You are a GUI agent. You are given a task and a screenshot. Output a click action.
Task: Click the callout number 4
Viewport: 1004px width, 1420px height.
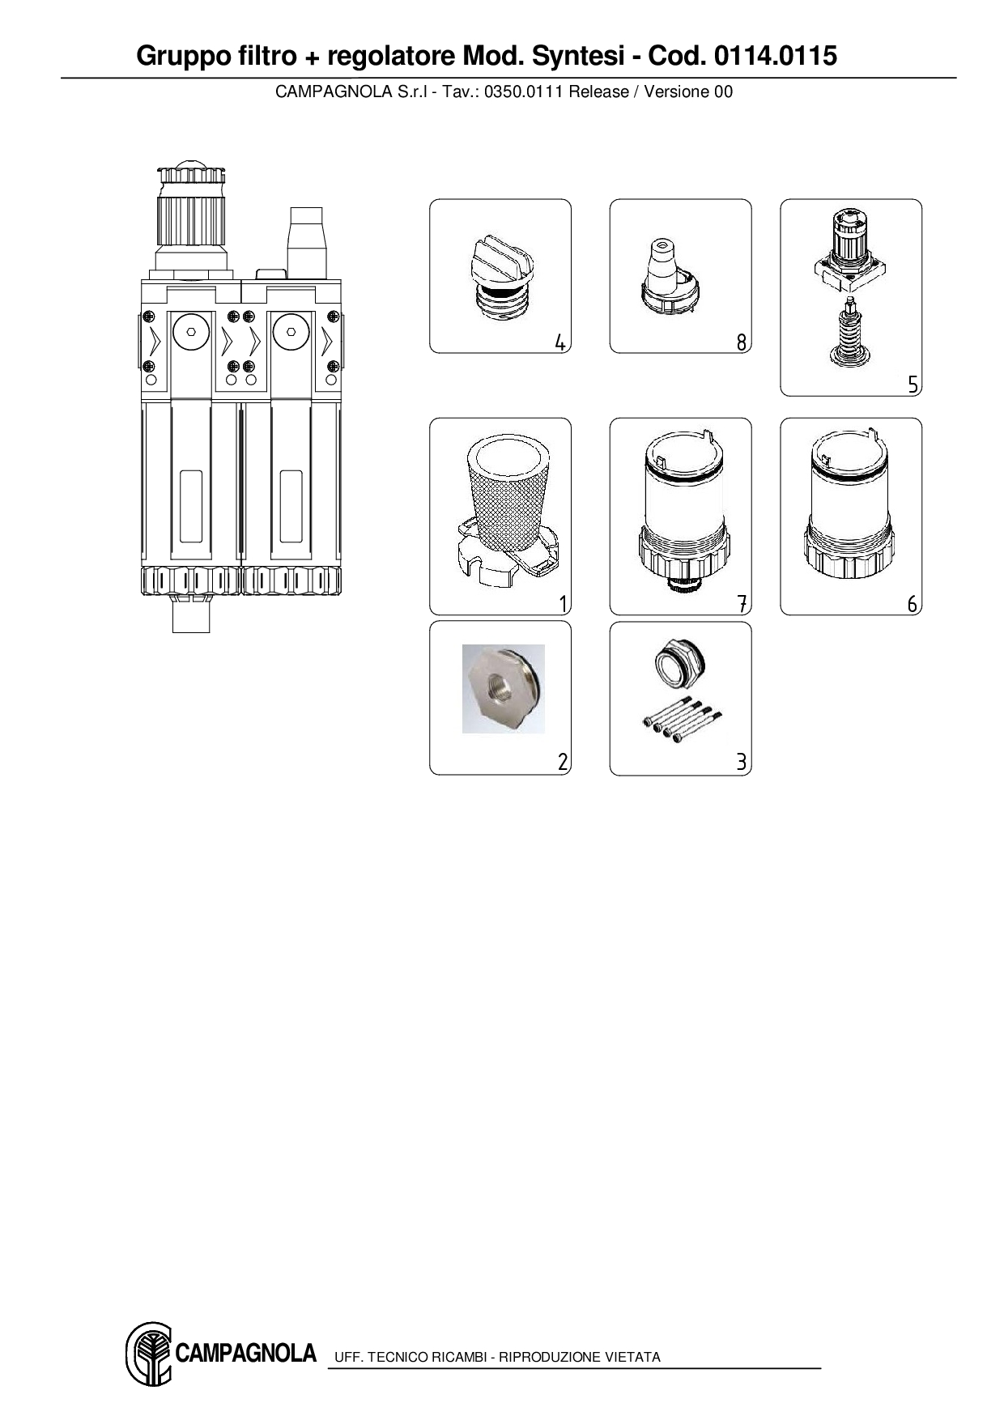[560, 342]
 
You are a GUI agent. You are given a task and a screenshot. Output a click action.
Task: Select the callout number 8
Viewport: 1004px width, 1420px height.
[741, 342]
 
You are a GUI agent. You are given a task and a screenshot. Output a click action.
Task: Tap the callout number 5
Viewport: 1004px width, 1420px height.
[913, 385]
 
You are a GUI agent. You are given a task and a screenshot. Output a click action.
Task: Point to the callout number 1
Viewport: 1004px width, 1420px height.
[564, 603]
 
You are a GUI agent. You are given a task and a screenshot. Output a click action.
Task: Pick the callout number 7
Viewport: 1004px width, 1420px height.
[742, 603]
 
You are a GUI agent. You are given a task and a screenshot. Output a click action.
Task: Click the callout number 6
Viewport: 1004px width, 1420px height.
[913, 603]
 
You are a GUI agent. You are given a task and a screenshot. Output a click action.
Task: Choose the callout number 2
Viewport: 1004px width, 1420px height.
[563, 762]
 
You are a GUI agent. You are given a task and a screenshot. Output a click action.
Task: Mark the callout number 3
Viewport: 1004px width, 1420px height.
[741, 762]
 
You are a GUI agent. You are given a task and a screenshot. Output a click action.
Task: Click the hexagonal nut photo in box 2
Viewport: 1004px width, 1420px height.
[503, 689]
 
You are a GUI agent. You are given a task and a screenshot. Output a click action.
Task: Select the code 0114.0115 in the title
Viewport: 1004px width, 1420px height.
[775, 56]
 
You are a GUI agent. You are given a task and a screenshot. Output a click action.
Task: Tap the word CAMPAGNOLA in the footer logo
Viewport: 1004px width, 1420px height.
[245, 1353]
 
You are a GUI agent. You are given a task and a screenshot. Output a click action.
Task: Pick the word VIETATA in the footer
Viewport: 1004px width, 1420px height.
[633, 1357]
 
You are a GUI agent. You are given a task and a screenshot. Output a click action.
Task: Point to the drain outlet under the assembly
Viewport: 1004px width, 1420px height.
[191, 614]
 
